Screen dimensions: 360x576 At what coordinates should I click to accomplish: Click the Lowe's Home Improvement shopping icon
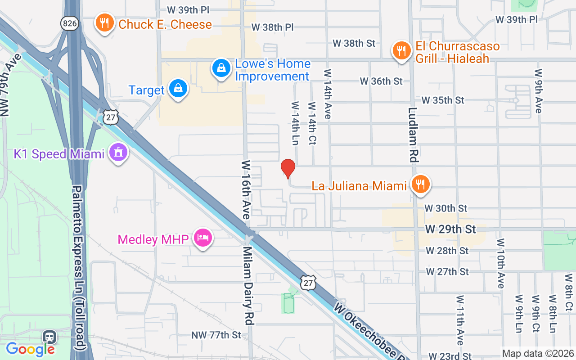point(221,69)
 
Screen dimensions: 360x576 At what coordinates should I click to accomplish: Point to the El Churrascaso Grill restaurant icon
point(400,51)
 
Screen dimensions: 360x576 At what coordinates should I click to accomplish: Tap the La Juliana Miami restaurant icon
point(420,184)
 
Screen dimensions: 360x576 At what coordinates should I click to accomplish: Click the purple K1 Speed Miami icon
point(118,153)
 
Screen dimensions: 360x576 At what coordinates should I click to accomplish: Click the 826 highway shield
point(70,23)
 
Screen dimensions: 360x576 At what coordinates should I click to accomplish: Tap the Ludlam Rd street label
point(414,135)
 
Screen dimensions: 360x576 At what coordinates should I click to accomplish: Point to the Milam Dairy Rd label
point(247,285)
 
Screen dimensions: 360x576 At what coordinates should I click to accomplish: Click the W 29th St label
point(450,229)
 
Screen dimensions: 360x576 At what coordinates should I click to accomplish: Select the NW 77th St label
point(216,335)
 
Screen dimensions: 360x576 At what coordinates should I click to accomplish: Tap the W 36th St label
point(381,81)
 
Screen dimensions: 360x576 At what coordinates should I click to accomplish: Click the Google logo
point(30,349)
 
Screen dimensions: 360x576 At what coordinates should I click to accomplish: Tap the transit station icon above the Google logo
point(49,337)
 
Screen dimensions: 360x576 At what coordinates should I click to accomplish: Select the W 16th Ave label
point(246,189)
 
